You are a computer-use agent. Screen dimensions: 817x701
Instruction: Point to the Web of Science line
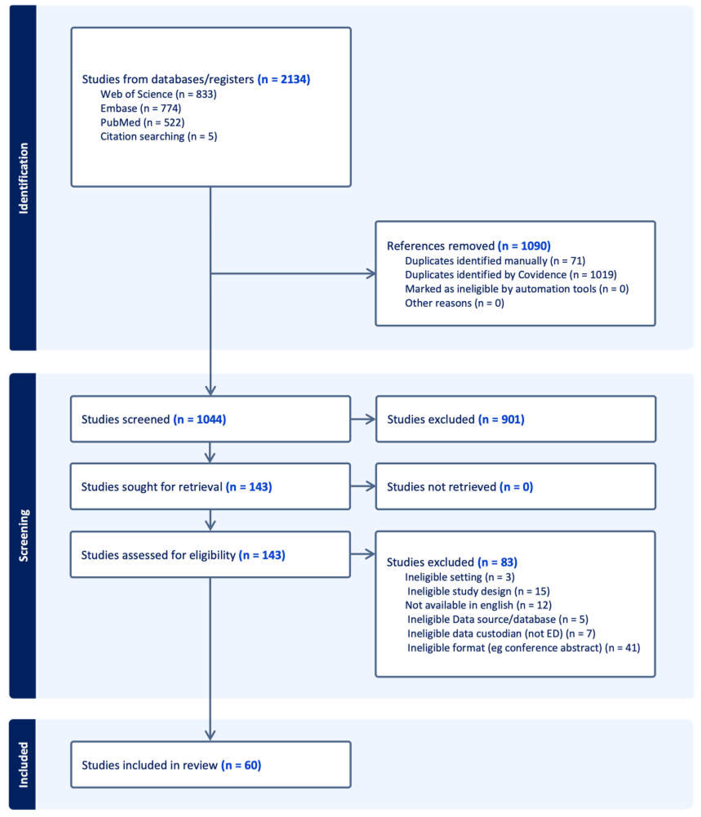(158, 94)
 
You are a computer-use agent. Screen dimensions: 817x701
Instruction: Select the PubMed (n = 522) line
(142, 122)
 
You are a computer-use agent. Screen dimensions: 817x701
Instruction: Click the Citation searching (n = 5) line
(158, 136)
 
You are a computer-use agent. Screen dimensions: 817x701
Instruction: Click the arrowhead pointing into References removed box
(371, 274)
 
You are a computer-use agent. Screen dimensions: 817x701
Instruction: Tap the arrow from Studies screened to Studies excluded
(363, 419)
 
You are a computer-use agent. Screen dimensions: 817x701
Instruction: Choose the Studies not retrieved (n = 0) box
(515, 487)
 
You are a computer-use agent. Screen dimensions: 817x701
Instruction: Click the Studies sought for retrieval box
(210, 487)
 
